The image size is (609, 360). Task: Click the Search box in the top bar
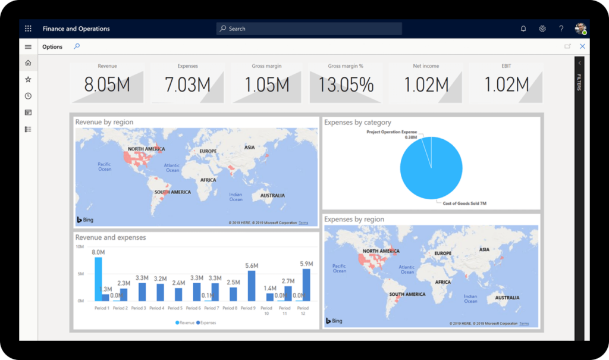click(x=309, y=29)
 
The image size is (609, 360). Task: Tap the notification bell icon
click(x=523, y=29)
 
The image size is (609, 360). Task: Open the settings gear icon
click(x=542, y=29)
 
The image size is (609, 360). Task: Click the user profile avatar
click(x=580, y=29)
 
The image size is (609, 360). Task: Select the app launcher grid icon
click(x=28, y=29)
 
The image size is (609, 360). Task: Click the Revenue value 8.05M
click(x=107, y=85)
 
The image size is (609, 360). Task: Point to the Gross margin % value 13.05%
click(x=346, y=85)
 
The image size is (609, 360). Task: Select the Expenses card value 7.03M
click(x=187, y=85)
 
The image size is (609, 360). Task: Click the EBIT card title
click(x=506, y=66)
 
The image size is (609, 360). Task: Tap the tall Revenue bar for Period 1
click(x=98, y=278)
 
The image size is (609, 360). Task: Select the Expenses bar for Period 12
click(x=306, y=285)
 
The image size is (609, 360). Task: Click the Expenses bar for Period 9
click(x=252, y=286)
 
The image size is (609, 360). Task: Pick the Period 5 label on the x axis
click(x=175, y=308)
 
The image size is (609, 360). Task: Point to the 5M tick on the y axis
click(x=81, y=274)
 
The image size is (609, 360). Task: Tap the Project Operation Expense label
click(x=391, y=132)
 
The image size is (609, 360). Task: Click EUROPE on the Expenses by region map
click(x=443, y=253)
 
